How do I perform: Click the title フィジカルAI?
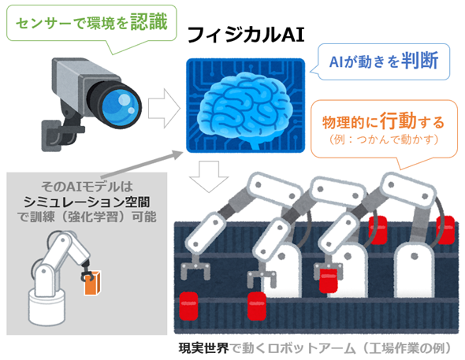246,35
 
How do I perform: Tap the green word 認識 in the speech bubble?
149,21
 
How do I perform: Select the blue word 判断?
419,61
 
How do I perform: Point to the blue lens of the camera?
121,106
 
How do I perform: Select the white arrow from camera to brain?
164,109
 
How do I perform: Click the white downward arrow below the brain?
209,176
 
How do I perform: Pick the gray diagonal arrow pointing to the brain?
143,165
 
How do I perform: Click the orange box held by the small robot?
92,283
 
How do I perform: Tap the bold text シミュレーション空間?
87,202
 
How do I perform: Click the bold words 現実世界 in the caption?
203,348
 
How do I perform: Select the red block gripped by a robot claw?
328,280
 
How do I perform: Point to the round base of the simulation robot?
46,308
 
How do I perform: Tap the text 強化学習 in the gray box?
93,217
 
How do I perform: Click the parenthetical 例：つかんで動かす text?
384,139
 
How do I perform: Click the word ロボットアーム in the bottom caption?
311,348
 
